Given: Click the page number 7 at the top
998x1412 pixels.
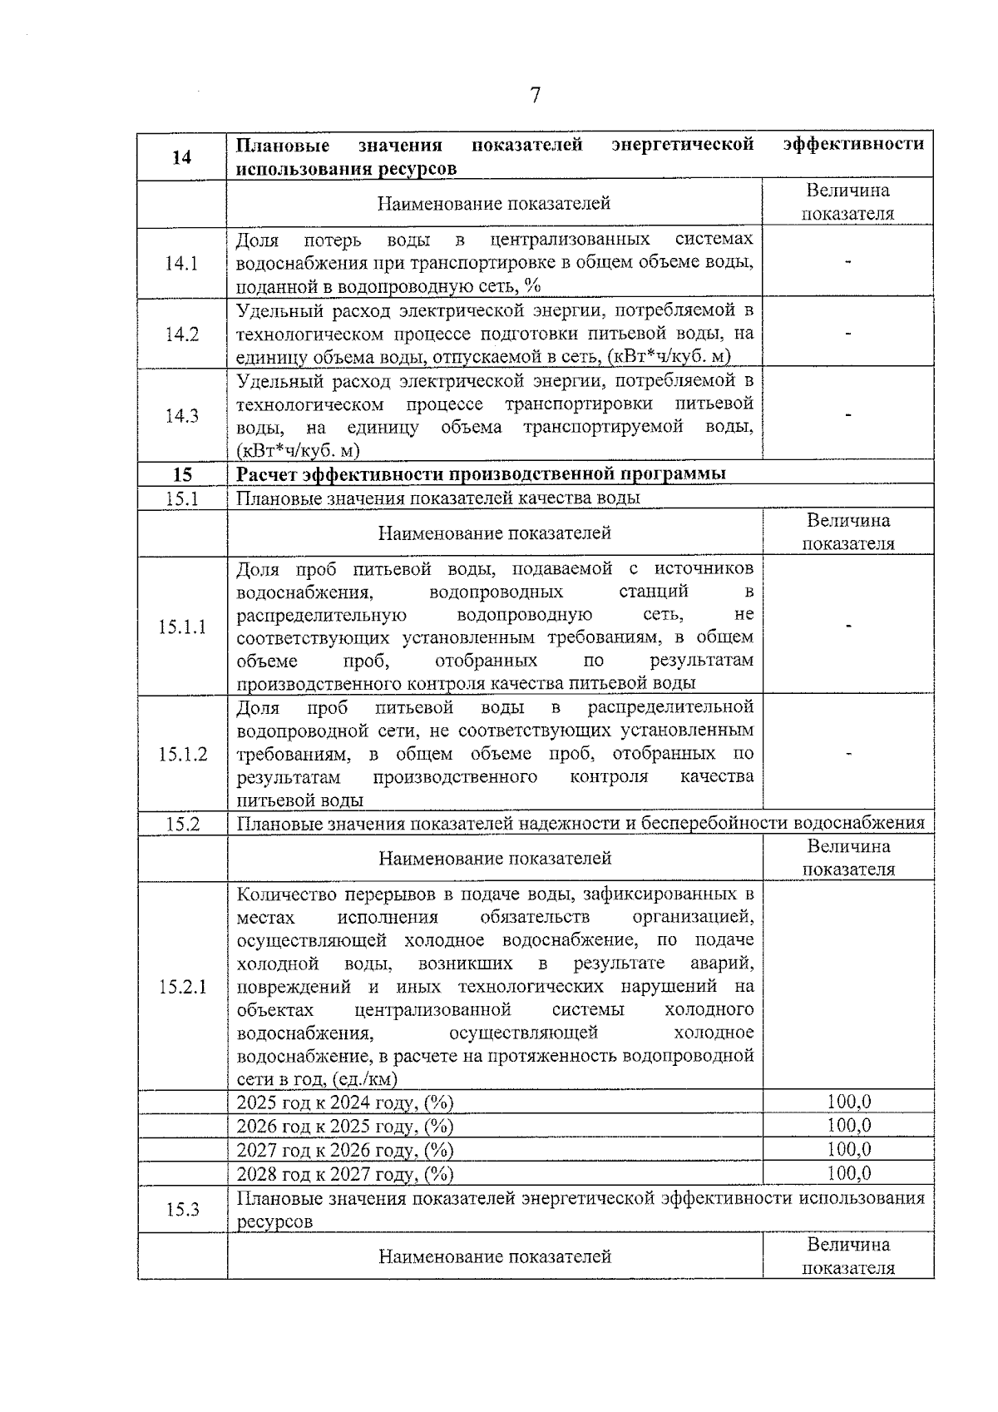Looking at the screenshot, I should click(535, 96).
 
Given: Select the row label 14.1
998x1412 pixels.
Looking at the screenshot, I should click(181, 264).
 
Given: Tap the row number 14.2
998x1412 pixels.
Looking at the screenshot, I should click(181, 334).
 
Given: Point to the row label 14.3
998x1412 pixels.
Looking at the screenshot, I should click(181, 416).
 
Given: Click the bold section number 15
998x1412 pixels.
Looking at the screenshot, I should click(182, 474).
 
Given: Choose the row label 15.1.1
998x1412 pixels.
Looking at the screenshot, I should click(182, 627).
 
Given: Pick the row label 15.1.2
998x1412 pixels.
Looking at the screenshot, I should click(182, 754).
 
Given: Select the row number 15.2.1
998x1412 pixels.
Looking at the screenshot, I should click(182, 987).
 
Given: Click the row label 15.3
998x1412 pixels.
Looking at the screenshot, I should click(182, 1210).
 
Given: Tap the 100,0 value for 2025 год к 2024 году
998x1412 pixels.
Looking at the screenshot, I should click(848, 1102).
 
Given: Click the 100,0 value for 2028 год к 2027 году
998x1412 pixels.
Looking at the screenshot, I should click(848, 1174).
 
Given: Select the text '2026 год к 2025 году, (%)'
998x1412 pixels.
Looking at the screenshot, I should click(345, 1127).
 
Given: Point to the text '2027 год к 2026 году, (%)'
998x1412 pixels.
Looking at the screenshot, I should click(345, 1151).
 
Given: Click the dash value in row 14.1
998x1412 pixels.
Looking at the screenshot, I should click(848, 263).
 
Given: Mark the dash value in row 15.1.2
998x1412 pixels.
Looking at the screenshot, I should click(848, 754).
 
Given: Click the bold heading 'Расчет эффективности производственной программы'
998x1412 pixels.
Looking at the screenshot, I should click(481, 474).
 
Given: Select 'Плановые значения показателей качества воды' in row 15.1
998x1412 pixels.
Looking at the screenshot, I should click(438, 498).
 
